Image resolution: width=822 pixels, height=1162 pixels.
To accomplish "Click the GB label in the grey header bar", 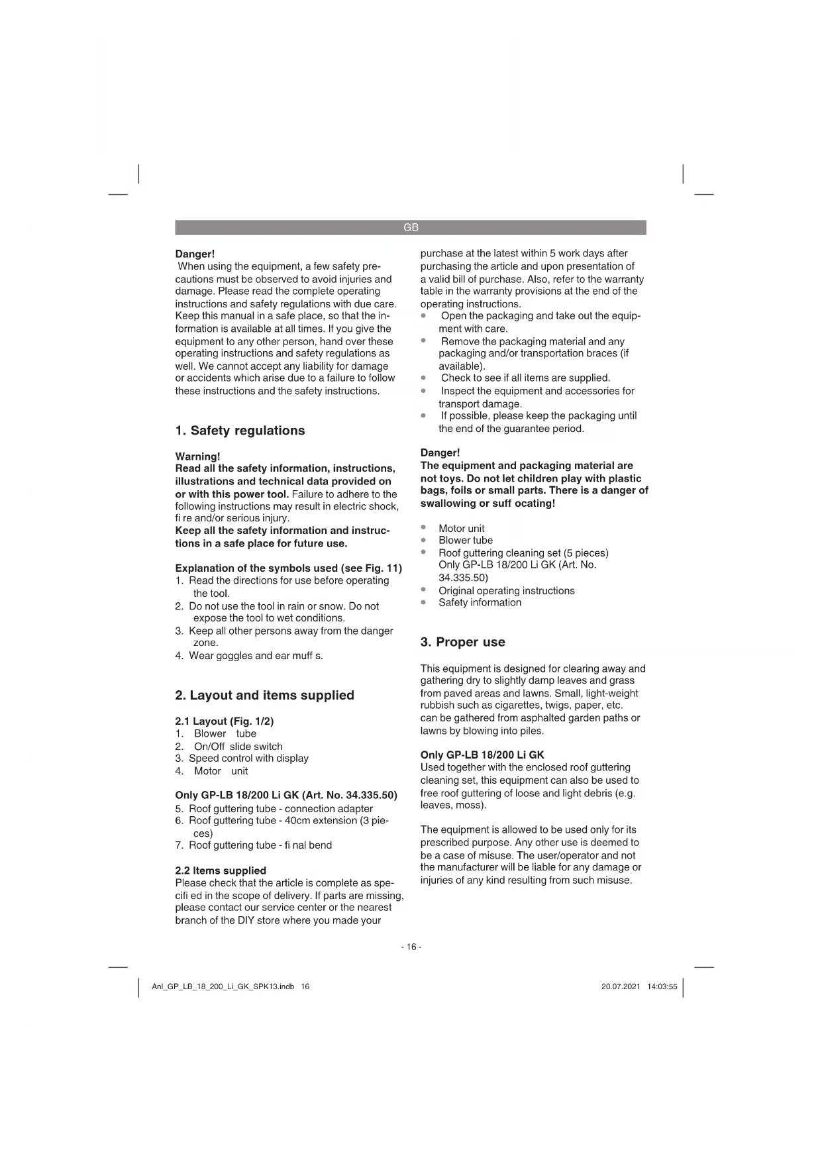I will [x=411, y=228].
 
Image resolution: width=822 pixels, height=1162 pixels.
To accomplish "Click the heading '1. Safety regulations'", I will [x=240, y=431].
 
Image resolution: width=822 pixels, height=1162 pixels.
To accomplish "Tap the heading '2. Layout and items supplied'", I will [x=264, y=696].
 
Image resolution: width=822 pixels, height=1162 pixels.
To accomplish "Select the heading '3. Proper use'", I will [x=462, y=642].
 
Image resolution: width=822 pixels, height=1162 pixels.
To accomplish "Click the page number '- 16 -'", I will [x=411, y=947].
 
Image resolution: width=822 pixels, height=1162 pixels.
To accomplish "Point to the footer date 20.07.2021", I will [x=621, y=986].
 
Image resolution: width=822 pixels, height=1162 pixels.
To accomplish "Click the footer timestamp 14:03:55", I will [x=662, y=986].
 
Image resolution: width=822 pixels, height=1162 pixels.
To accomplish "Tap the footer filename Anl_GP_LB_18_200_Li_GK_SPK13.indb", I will [x=223, y=986].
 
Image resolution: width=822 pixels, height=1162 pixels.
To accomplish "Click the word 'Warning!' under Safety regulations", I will [x=197, y=456].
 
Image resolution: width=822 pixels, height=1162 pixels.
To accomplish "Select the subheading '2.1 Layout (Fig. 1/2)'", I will [x=224, y=721].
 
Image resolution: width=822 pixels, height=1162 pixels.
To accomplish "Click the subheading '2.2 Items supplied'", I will [x=221, y=871].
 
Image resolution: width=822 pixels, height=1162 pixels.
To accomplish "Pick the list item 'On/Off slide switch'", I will [x=238, y=747].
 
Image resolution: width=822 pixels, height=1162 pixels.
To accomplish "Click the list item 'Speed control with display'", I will [x=248, y=759].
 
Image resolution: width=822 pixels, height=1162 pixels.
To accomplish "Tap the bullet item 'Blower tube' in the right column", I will [x=465, y=541].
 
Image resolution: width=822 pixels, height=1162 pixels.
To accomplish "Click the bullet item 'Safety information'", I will [x=480, y=603].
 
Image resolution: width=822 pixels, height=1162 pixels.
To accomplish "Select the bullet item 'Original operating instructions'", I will [x=506, y=591].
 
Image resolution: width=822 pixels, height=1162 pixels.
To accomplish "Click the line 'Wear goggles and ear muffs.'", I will [x=256, y=656].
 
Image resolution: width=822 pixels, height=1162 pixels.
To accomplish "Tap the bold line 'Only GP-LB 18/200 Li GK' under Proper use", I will [x=482, y=755].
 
